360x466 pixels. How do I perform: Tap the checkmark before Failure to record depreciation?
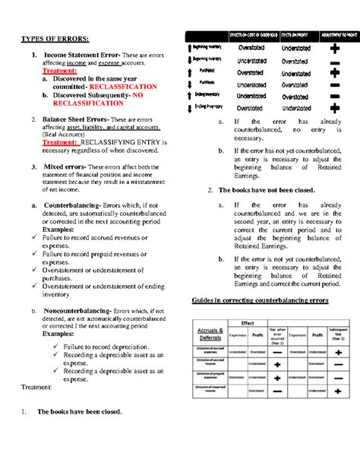56,346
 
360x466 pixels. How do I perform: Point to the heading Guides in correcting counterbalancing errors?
264,302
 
